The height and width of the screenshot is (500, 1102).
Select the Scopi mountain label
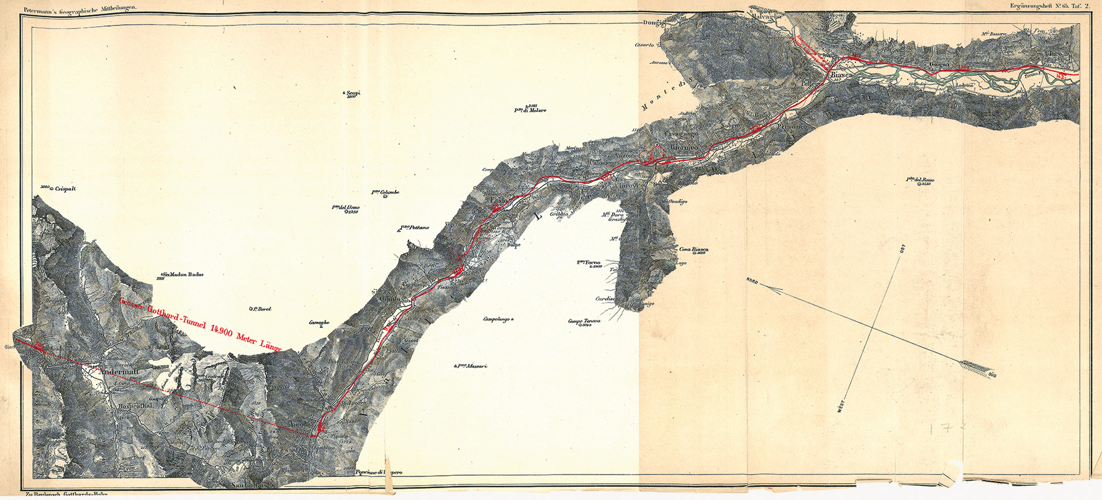coord(353,93)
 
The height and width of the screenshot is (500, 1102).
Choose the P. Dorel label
coord(261,309)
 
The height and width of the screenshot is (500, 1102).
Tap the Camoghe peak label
coord(319,322)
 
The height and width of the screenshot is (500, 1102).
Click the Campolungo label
coord(496,319)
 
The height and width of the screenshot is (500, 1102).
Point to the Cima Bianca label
coord(693,250)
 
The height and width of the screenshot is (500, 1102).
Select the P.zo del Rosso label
coord(920,180)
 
